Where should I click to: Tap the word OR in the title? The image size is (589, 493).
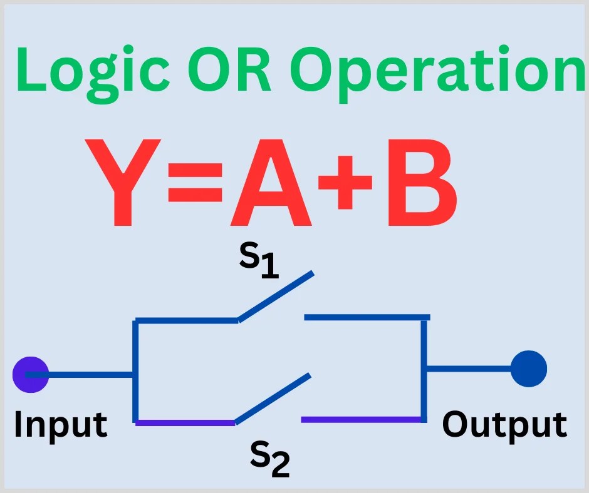pos(229,71)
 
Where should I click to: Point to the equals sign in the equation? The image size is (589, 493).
pos(195,181)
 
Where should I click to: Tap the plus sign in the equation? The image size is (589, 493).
pos(348,181)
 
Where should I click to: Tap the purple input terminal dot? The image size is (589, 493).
pos(31,374)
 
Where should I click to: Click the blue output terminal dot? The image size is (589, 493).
pos(529,368)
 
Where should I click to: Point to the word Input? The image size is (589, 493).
pos(60,424)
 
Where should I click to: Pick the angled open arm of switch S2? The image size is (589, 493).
pos(273,399)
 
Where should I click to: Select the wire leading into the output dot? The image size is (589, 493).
pos(470,368)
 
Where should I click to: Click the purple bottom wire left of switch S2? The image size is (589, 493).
pos(185,422)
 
